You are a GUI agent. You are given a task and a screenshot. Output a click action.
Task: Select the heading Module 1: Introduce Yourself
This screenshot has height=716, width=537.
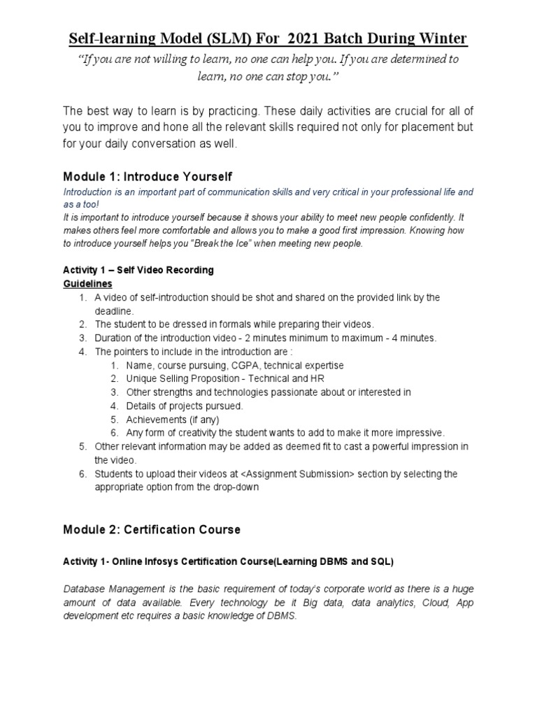pos(148,176)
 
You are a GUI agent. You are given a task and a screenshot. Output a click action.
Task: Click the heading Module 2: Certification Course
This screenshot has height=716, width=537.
pos(152,529)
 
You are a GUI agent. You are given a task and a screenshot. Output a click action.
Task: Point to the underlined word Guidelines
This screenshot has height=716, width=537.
pos(88,284)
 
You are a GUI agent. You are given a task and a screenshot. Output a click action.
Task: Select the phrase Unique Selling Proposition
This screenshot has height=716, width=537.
pos(187,379)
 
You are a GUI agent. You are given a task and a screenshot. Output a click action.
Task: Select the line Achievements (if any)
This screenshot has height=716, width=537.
pos(173,420)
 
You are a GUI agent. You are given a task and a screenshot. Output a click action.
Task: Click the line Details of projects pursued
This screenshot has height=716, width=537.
pos(185,406)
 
